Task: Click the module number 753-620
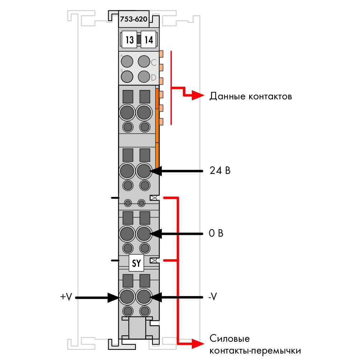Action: coord(133,19)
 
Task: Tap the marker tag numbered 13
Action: coord(129,39)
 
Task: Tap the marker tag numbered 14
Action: coord(148,39)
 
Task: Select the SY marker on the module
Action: coord(136,263)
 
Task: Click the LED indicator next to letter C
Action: coord(144,62)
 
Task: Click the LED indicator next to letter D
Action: coord(144,76)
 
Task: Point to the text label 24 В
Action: coord(220,170)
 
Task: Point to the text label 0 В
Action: coord(216,233)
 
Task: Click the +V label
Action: coord(66,297)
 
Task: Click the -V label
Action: coord(213,297)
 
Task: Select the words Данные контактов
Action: coord(251,96)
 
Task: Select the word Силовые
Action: coord(229,338)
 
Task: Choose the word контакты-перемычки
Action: coord(255,351)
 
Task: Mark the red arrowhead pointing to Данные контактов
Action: coord(198,95)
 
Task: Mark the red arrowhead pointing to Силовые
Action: coord(198,344)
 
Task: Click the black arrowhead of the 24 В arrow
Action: coord(156,171)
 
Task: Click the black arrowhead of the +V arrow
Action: coord(113,298)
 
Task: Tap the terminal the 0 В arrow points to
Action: coord(144,234)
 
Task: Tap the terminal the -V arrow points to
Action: coord(144,297)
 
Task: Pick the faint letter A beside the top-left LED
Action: coord(122,56)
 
